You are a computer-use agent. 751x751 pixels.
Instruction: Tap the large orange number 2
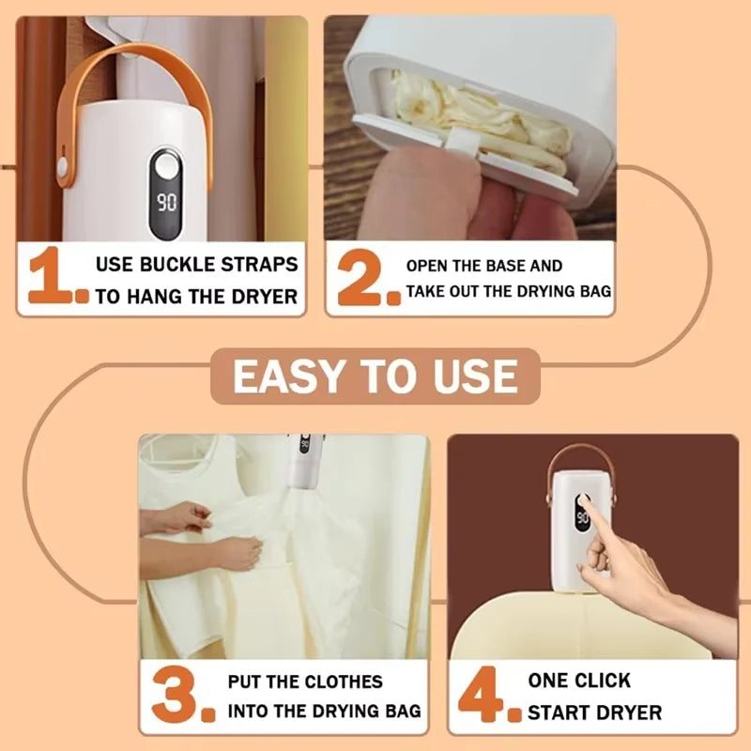tap(360, 279)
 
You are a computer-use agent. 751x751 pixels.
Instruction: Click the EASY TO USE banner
tap(375, 376)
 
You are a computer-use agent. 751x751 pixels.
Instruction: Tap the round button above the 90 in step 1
tap(167, 169)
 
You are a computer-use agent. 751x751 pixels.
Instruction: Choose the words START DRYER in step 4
tap(594, 712)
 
